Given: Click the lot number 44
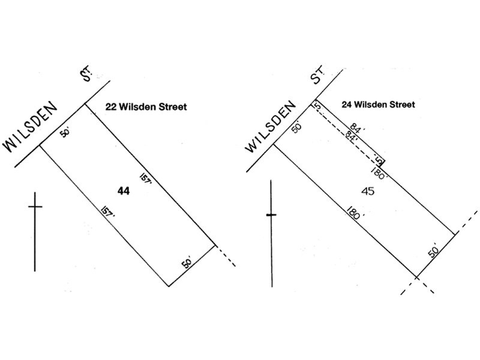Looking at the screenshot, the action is point(124,191).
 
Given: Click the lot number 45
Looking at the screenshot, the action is point(368,191).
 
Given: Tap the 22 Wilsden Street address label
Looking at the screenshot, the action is point(146,107).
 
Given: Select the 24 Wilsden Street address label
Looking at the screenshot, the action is point(379,104).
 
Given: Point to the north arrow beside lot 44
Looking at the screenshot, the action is point(35,232).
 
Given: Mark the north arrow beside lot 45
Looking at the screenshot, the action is point(272,233).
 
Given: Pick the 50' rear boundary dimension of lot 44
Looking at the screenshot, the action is point(187,263).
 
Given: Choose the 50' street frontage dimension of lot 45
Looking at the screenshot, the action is point(296,127).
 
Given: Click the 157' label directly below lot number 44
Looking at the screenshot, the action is point(107,212).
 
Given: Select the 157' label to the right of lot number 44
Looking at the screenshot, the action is point(146,178).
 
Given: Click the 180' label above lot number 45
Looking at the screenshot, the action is point(379,173).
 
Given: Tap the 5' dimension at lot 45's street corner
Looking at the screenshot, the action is point(318,107).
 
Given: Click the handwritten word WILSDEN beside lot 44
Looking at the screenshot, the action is point(30,126).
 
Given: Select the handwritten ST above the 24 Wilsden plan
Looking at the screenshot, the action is point(317,75).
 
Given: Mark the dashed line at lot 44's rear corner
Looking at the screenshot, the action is point(226,256).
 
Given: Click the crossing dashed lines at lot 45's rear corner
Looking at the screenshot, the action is point(416,278).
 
